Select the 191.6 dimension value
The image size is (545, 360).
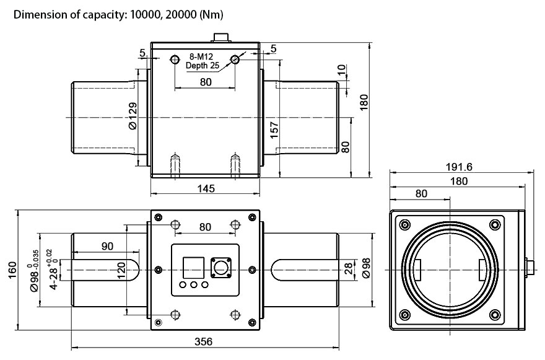click(458, 167)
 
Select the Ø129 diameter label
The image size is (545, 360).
click(133, 116)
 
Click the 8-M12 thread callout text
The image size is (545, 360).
click(201, 57)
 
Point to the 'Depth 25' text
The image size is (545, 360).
click(203, 66)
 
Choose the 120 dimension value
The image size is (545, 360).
click(121, 270)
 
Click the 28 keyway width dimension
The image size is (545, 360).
click(348, 269)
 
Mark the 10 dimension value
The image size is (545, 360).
click(342, 69)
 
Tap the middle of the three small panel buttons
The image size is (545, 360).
click(194, 286)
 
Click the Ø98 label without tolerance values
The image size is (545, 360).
click(366, 269)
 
